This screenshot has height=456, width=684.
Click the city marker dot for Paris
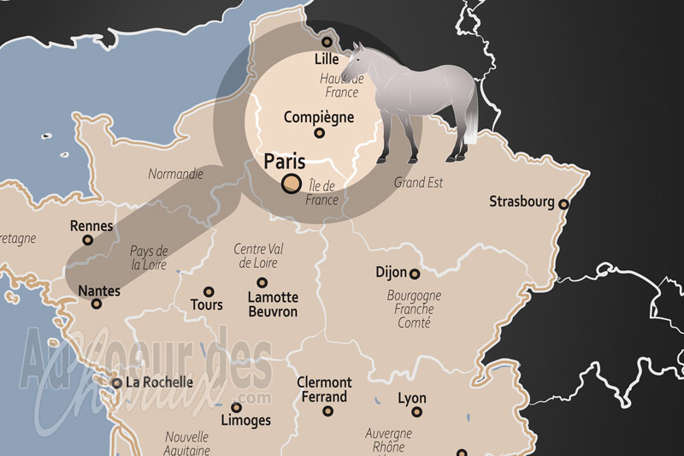pos(291,183)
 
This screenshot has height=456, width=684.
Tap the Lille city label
pos(327,59)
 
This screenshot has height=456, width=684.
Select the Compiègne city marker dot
pos(319,133)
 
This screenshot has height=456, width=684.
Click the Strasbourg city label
pos(521,202)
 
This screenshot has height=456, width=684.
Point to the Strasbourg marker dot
pos(563,204)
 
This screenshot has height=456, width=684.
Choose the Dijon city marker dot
pos(415,274)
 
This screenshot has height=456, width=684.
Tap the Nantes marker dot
pos(96,304)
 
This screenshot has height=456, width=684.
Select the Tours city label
pos(207,305)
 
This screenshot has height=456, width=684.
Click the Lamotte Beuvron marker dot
pos(262,282)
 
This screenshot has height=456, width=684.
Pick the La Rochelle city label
pos(159,382)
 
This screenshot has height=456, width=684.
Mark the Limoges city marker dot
pos(236,407)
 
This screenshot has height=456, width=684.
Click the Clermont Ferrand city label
pos(324,389)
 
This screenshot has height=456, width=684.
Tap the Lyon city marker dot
pos(417,412)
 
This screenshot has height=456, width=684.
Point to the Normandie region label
pos(175,174)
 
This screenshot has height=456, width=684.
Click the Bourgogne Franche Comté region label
pos(414,309)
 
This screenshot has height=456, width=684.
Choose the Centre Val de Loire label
pos(259,256)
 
